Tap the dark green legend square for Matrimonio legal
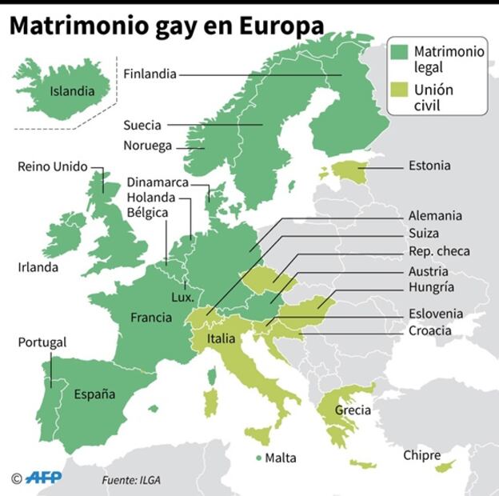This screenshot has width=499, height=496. click(401, 52)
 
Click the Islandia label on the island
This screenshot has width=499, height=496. click(72, 91)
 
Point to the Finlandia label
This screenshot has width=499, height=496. click(150, 74)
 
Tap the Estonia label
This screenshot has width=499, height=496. click(429, 166)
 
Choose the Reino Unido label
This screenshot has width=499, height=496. click(52, 167)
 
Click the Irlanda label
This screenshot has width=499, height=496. click(38, 267)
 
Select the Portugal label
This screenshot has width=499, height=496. click(42, 342)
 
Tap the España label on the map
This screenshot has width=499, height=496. click(94, 394)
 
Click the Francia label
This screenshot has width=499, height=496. click(151, 318)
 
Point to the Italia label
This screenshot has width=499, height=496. click(222, 338)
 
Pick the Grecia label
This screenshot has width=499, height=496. click(353, 410)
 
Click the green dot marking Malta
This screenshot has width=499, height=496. click(258, 458)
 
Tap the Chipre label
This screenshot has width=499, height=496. click(421, 455)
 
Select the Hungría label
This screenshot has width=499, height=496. click(431, 287)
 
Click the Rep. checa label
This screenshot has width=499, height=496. click(439, 251)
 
